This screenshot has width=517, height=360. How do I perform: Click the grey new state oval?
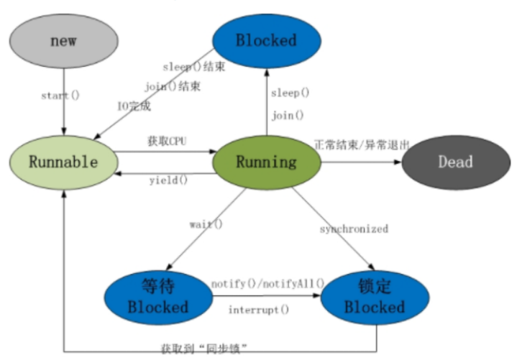click(x=63, y=41)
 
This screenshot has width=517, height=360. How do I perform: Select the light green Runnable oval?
click(x=63, y=162)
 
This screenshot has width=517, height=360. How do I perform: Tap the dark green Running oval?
click(x=267, y=162)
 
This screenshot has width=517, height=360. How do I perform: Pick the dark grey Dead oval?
click(x=456, y=162)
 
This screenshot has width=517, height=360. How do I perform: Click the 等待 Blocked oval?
click(x=159, y=297)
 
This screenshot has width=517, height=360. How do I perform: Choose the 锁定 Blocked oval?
click(x=375, y=297)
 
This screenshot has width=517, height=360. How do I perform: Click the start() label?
click(x=60, y=96)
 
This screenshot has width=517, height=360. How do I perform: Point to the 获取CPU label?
click(x=167, y=141)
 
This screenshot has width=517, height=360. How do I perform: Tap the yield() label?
click(x=168, y=180)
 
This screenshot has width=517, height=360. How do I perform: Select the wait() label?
click(x=206, y=224)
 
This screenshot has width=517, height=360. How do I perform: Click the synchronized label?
click(x=354, y=229)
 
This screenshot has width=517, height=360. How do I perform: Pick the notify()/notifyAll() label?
click(x=267, y=284)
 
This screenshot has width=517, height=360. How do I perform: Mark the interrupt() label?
click(x=259, y=310)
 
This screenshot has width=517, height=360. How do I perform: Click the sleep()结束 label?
click(x=194, y=67)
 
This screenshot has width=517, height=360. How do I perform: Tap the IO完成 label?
click(x=134, y=106)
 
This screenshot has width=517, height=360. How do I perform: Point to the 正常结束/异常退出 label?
click(x=362, y=144)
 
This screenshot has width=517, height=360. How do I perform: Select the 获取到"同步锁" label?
click(x=204, y=349)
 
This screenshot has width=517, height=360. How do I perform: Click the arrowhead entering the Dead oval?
click(x=398, y=162)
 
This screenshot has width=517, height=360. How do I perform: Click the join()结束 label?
click(x=173, y=87)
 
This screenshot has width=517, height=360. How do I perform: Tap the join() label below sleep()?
click(x=288, y=116)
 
